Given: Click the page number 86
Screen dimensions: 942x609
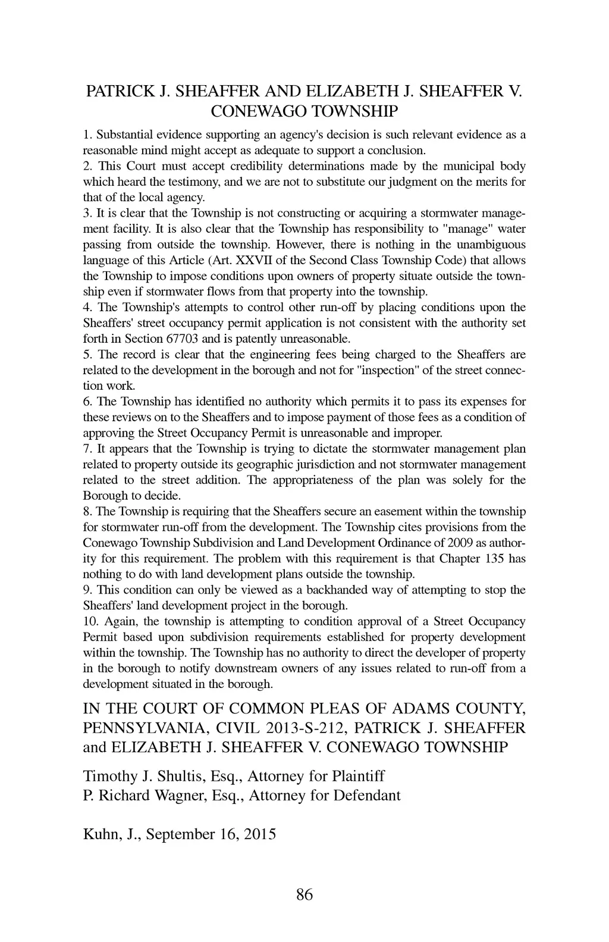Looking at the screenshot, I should (304, 894).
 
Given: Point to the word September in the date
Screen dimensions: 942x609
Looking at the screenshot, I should (179, 834).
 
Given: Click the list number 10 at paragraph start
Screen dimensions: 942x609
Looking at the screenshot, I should (90, 622).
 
